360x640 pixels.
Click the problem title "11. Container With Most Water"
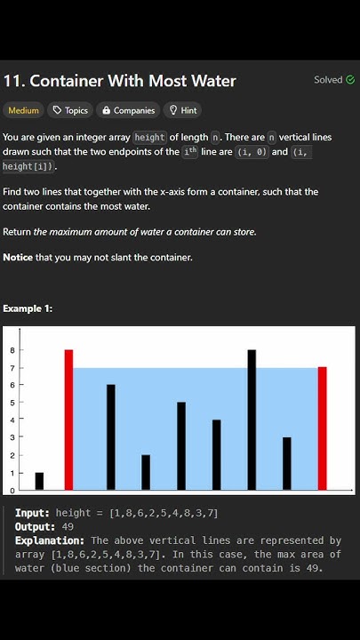pyautogui.click(x=119, y=81)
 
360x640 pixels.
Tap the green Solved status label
pyautogui.click(x=334, y=80)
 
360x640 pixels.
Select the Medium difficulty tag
pyautogui.click(x=23, y=110)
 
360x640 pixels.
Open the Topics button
pyautogui.click(x=70, y=110)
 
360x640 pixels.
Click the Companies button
pyautogui.click(x=129, y=110)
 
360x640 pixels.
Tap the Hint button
pyautogui.click(x=183, y=110)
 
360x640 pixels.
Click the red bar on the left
pyautogui.click(x=68, y=420)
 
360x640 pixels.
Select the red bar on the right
pyautogui.click(x=322, y=428)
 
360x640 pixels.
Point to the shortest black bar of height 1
pyautogui.click(x=39, y=481)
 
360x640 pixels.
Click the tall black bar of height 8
pyautogui.click(x=252, y=420)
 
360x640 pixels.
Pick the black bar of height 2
pyautogui.click(x=146, y=472)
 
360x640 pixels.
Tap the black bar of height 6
pyautogui.click(x=111, y=436)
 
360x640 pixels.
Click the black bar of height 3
pyautogui.click(x=286, y=463)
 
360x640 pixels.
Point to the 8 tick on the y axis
pyautogui.click(x=12, y=350)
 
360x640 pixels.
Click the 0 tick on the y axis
pyautogui.click(x=12, y=490)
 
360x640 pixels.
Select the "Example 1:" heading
pyautogui.click(x=28, y=308)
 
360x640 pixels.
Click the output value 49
pyautogui.click(x=68, y=526)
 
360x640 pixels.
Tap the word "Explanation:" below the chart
pyautogui.click(x=50, y=540)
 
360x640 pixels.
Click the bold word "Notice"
pyautogui.click(x=18, y=258)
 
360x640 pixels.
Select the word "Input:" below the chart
pyautogui.click(x=32, y=513)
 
